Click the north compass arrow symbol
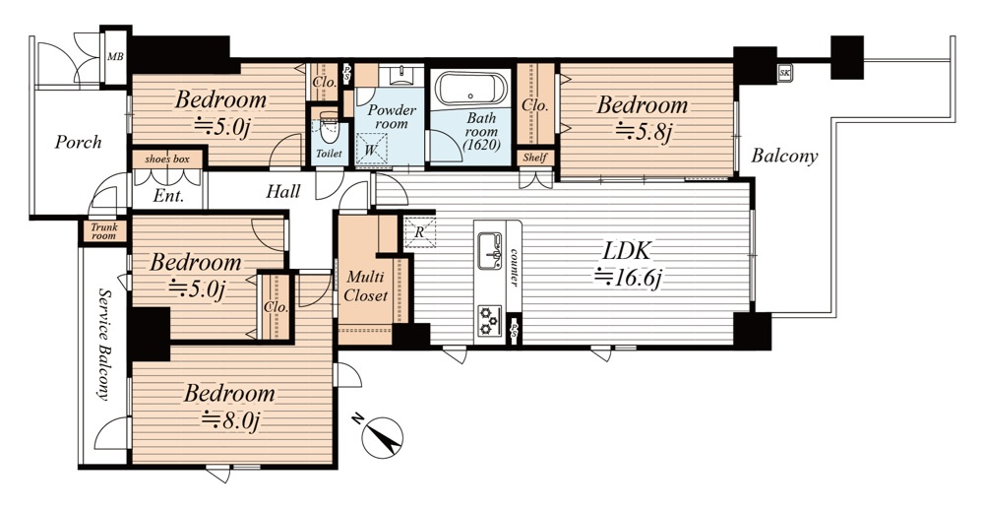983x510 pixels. pos(382,435)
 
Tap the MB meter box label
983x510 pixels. pos(115,57)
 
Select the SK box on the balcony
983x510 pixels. pos(784,72)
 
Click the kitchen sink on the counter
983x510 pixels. pos(490,251)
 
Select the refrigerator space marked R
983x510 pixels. pos(419,232)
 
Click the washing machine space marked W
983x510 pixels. pos(371,150)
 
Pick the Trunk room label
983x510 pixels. pos(104,231)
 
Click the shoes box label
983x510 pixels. pos(167,159)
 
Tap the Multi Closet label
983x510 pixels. pos(365,286)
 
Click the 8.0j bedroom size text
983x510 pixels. pos(230,418)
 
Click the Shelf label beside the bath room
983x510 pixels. pos(534,159)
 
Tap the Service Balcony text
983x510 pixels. pos(104,345)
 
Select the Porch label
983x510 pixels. pos(78,142)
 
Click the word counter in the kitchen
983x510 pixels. pos(514,267)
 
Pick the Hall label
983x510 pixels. pos(282,191)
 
